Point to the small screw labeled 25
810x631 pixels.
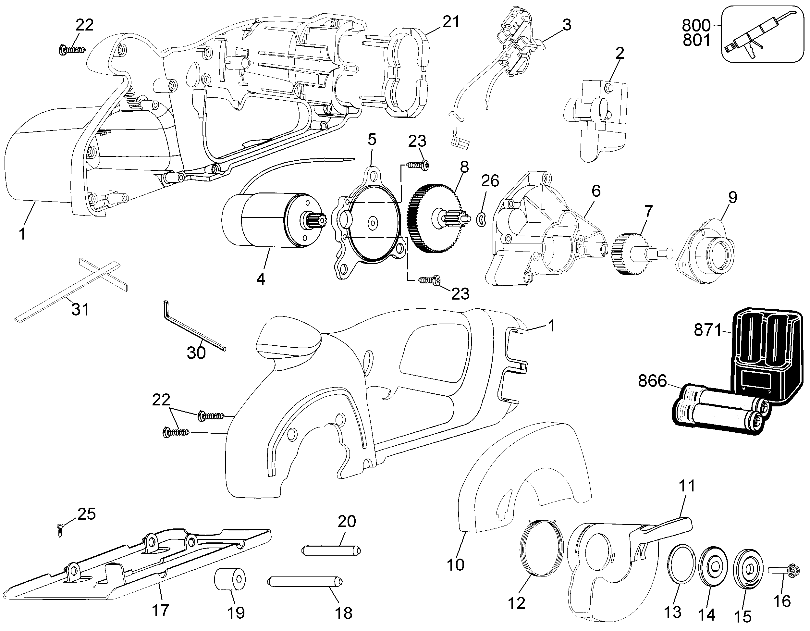coord(60,530)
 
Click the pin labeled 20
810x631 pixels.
coord(332,550)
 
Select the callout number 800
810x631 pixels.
coord(696,25)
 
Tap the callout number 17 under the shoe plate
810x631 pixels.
coord(160,610)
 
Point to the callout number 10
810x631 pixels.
coord(455,564)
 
